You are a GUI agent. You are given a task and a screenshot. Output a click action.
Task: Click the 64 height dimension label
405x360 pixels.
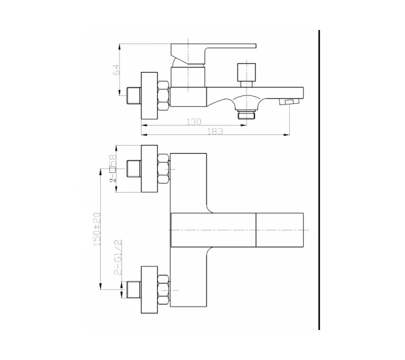[x=117, y=70]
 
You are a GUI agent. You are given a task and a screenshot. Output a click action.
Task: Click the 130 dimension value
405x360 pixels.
[x=193, y=121]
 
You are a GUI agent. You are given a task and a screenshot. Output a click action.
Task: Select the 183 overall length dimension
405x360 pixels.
[x=215, y=131]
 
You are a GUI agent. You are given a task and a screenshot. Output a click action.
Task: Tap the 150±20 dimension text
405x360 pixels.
[x=97, y=229]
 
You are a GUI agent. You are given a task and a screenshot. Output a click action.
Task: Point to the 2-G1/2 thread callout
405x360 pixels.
[x=118, y=257]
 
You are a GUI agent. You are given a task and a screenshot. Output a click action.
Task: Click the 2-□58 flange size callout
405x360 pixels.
[x=113, y=169]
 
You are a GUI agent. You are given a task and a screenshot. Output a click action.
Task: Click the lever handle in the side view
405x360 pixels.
[x=214, y=54]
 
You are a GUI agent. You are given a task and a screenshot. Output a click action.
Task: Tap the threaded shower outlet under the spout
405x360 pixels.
[x=247, y=114]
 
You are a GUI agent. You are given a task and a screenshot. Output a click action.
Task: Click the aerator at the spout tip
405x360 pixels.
[x=289, y=102]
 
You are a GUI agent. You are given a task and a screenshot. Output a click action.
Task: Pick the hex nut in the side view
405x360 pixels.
[x=163, y=96]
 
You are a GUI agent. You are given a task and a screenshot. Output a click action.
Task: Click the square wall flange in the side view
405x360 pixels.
[x=149, y=95]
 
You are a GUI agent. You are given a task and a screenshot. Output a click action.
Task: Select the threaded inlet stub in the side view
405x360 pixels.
[x=134, y=95]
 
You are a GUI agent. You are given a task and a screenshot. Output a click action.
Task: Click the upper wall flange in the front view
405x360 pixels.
[x=149, y=169]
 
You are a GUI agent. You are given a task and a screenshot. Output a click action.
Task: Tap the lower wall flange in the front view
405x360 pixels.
[x=149, y=290]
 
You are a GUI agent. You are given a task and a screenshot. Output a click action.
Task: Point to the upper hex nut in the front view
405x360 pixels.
[x=163, y=169]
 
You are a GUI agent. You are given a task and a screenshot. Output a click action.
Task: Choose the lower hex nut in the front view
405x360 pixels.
[x=163, y=290]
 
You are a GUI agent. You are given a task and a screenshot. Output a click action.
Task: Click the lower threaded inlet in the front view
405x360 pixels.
[x=134, y=290]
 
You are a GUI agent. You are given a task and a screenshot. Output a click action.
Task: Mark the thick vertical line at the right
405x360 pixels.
[x=319, y=180]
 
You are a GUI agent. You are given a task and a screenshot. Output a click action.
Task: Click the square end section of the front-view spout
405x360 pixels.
[x=280, y=230]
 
